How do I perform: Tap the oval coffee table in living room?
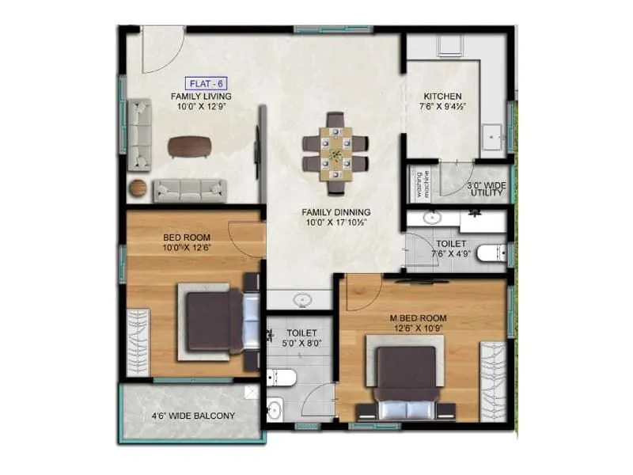[190, 146]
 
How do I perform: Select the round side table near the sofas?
[138, 188]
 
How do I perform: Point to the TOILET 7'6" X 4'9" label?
[452, 249]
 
